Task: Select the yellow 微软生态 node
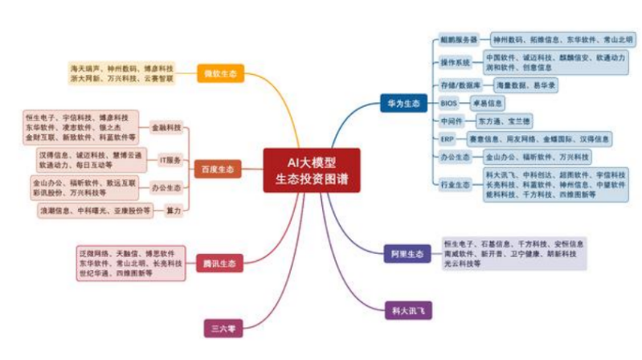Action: pyautogui.click(x=219, y=74)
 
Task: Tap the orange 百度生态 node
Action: pyautogui.click(x=216, y=170)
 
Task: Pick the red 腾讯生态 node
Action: pyautogui.click(x=219, y=264)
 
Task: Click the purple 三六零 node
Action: pyautogui.click(x=219, y=327)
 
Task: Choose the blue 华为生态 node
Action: pyautogui.click(x=403, y=103)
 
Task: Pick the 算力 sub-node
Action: pyautogui.click(x=173, y=211)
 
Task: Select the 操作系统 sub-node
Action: pyautogui.click(x=456, y=62)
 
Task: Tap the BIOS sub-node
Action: pyautogui.click(x=449, y=103)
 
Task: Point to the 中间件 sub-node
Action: pyautogui.click(x=452, y=121)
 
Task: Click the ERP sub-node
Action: pyautogui.click(x=448, y=138)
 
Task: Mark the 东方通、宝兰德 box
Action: pyautogui.click(x=504, y=121)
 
